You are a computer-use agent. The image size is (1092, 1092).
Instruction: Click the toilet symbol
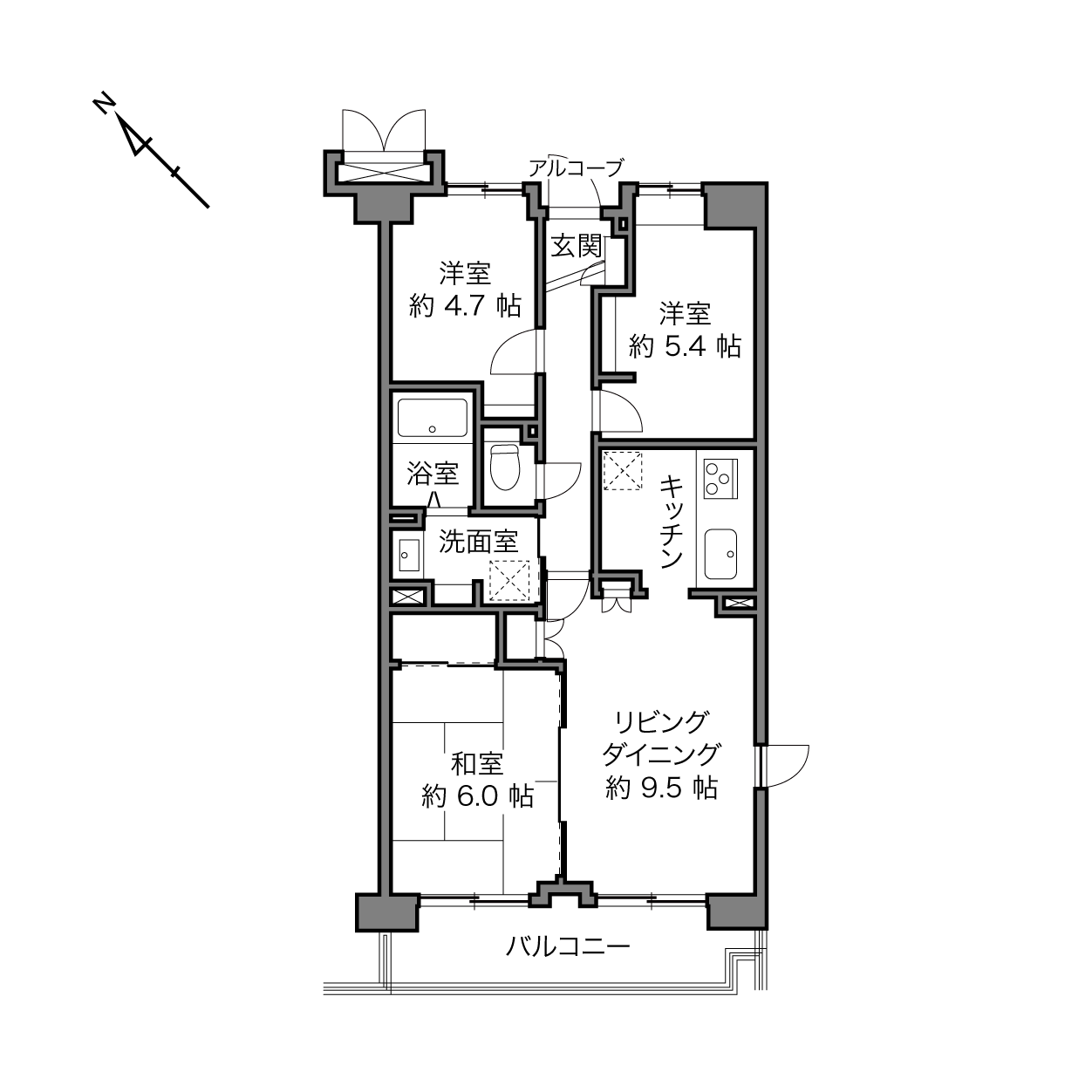tap(505, 467)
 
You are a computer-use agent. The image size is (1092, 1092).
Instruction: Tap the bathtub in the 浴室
tap(433, 418)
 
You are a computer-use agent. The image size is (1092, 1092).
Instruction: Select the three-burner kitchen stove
tap(720, 478)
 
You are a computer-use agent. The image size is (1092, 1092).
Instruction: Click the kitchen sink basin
tap(720, 554)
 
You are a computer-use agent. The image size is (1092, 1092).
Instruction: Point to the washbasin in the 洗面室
tap(409, 555)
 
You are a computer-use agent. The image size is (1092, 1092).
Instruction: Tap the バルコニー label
tap(568, 946)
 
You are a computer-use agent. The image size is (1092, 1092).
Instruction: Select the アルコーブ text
tap(576, 167)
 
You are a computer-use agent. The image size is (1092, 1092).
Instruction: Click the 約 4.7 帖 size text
tap(465, 306)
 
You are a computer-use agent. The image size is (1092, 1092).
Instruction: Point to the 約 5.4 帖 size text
tap(685, 346)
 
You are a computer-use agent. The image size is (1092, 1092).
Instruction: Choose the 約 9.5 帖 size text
tap(662, 788)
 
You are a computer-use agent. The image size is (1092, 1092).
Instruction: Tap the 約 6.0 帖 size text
tap(477, 796)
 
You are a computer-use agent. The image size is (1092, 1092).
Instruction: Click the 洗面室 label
tap(479, 542)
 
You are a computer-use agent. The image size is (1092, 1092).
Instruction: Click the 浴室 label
tap(433, 474)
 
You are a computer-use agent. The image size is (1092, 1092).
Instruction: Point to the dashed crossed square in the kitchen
tap(623, 470)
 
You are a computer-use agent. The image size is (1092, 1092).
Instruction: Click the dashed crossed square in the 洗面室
tap(508, 580)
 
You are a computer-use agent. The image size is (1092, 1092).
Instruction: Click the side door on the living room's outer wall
tap(784, 766)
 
